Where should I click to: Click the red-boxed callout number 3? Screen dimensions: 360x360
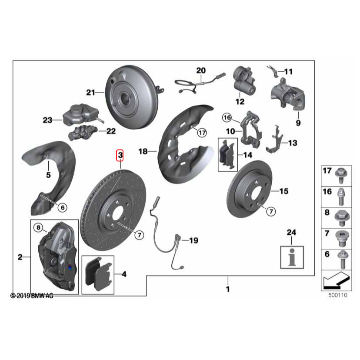(x=120, y=155)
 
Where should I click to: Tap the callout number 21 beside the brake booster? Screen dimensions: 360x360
(x=90, y=92)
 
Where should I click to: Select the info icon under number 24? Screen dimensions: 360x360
(x=292, y=257)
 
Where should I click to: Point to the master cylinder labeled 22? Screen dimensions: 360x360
(x=83, y=132)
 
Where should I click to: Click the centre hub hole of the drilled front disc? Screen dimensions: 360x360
(x=117, y=215)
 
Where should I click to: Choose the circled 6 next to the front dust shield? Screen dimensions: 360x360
(x=63, y=207)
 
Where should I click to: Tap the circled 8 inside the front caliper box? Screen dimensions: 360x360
(x=38, y=227)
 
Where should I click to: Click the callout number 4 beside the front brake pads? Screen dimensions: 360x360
(x=124, y=274)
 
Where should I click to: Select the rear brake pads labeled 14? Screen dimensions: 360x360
(x=227, y=154)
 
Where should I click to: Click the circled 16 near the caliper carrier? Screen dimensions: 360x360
(x=227, y=118)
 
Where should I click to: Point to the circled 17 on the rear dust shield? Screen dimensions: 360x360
(x=202, y=133)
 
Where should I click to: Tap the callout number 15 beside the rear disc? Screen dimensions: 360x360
(x=284, y=191)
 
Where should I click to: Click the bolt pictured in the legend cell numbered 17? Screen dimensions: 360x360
(x=341, y=176)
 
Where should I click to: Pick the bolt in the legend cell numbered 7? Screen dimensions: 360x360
(x=342, y=239)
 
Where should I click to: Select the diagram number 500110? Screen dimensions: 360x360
(x=338, y=295)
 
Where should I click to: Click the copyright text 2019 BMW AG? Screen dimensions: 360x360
(x=32, y=296)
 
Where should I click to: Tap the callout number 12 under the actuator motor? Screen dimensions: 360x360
(x=240, y=101)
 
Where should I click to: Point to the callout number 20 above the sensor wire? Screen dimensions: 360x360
(x=201, y=70)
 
